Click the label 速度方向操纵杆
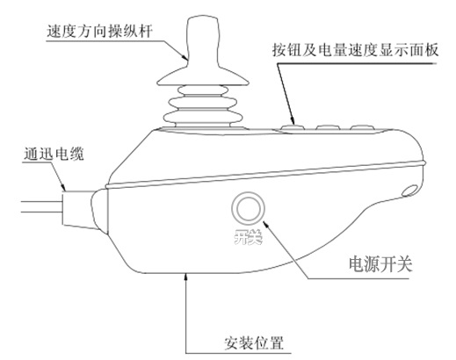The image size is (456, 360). coord(99,32)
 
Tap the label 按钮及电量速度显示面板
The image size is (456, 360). coord(355,50)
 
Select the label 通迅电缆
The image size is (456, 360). coord(54,154)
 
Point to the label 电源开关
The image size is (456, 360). coord(380,264)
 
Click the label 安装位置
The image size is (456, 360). coord(254,343)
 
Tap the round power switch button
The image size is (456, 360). coord(248,209)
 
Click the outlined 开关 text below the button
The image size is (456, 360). coord(248,236)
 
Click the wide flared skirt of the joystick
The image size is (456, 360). coord(203,76)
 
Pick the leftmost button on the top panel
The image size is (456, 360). coord(293,127)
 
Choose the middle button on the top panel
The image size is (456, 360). coord(328,127)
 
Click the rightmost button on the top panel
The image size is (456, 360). coord(363,127)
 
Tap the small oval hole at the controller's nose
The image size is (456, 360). coord(410,191)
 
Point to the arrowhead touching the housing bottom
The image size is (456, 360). coord(185,277)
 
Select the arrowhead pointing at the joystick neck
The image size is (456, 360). coord(184,55)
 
